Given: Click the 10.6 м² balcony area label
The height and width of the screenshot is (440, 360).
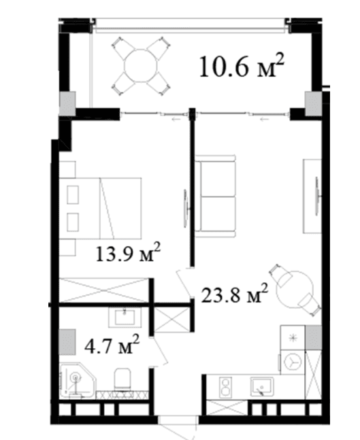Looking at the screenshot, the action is click(x=242, y=66).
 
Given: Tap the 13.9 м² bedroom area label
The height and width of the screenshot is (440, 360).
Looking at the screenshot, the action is click(x=128, y=252).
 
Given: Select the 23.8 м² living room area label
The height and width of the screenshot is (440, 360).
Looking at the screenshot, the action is click(x=235, y=293).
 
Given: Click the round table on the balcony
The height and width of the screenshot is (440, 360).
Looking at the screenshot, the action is click(x=141, y=66).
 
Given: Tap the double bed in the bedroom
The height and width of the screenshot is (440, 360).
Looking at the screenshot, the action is click(x=100, y=208).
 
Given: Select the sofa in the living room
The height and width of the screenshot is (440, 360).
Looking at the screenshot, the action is click(x=215, y=197).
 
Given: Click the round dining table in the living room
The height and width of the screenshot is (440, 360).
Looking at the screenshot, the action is click(x=295, y=290).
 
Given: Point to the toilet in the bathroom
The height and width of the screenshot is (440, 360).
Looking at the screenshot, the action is click(x=122, y=379).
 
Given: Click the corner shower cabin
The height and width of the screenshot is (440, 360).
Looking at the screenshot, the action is click(x=78, y=381).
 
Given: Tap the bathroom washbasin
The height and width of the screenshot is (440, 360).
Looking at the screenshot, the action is click(x=125, y=317).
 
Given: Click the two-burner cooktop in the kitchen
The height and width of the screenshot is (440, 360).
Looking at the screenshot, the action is click(x=225, y=387).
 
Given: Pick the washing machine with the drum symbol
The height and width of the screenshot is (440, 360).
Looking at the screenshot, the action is click(x=293, y=362).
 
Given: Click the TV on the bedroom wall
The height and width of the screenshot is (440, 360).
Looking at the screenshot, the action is click(x=186, y=208).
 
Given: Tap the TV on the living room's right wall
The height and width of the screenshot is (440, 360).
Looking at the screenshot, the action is click(x=317, y=196).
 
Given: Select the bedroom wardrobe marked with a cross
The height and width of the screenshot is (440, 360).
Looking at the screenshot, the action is click(x=104, y=290).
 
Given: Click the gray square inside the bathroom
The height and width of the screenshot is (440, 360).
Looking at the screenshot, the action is click(x=67, y=341).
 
